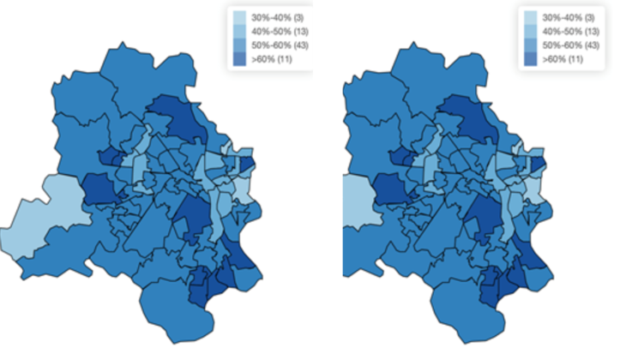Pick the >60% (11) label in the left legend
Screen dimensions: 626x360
(267, 58)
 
